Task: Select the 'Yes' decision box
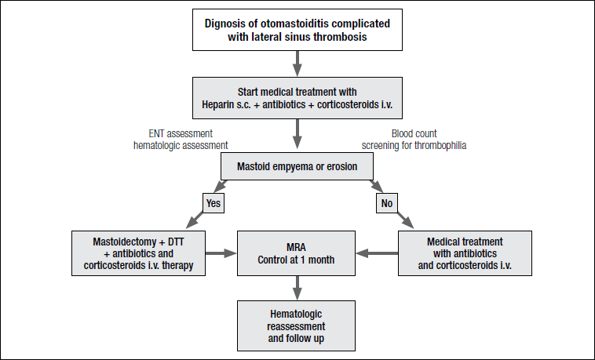tap(214, 203)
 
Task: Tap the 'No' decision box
tap(387, 203)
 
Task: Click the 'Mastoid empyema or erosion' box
tap(297, 166)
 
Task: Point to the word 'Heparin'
tap(218, 104)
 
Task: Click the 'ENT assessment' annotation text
tap(181, 133)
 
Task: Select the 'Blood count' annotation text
tap(414, 133)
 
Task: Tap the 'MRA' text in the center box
tap(296, 247)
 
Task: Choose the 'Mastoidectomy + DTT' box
tap(138, 253)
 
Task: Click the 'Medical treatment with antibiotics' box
tap(465, 253)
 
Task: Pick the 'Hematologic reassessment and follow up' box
tap(297, 325)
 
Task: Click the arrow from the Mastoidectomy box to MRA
tap(221, 253)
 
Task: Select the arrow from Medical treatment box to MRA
tap(377, 253)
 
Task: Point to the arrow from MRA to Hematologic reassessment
tap(297, 288)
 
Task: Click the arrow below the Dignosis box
tap(297, 64)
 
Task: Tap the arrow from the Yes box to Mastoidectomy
tap(195, 220)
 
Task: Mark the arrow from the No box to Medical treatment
tap(405, 220)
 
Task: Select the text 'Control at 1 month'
tap(296, 260)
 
